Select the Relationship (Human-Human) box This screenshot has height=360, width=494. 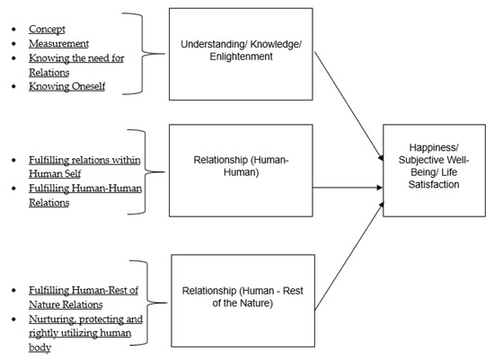[x=237, y=171]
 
